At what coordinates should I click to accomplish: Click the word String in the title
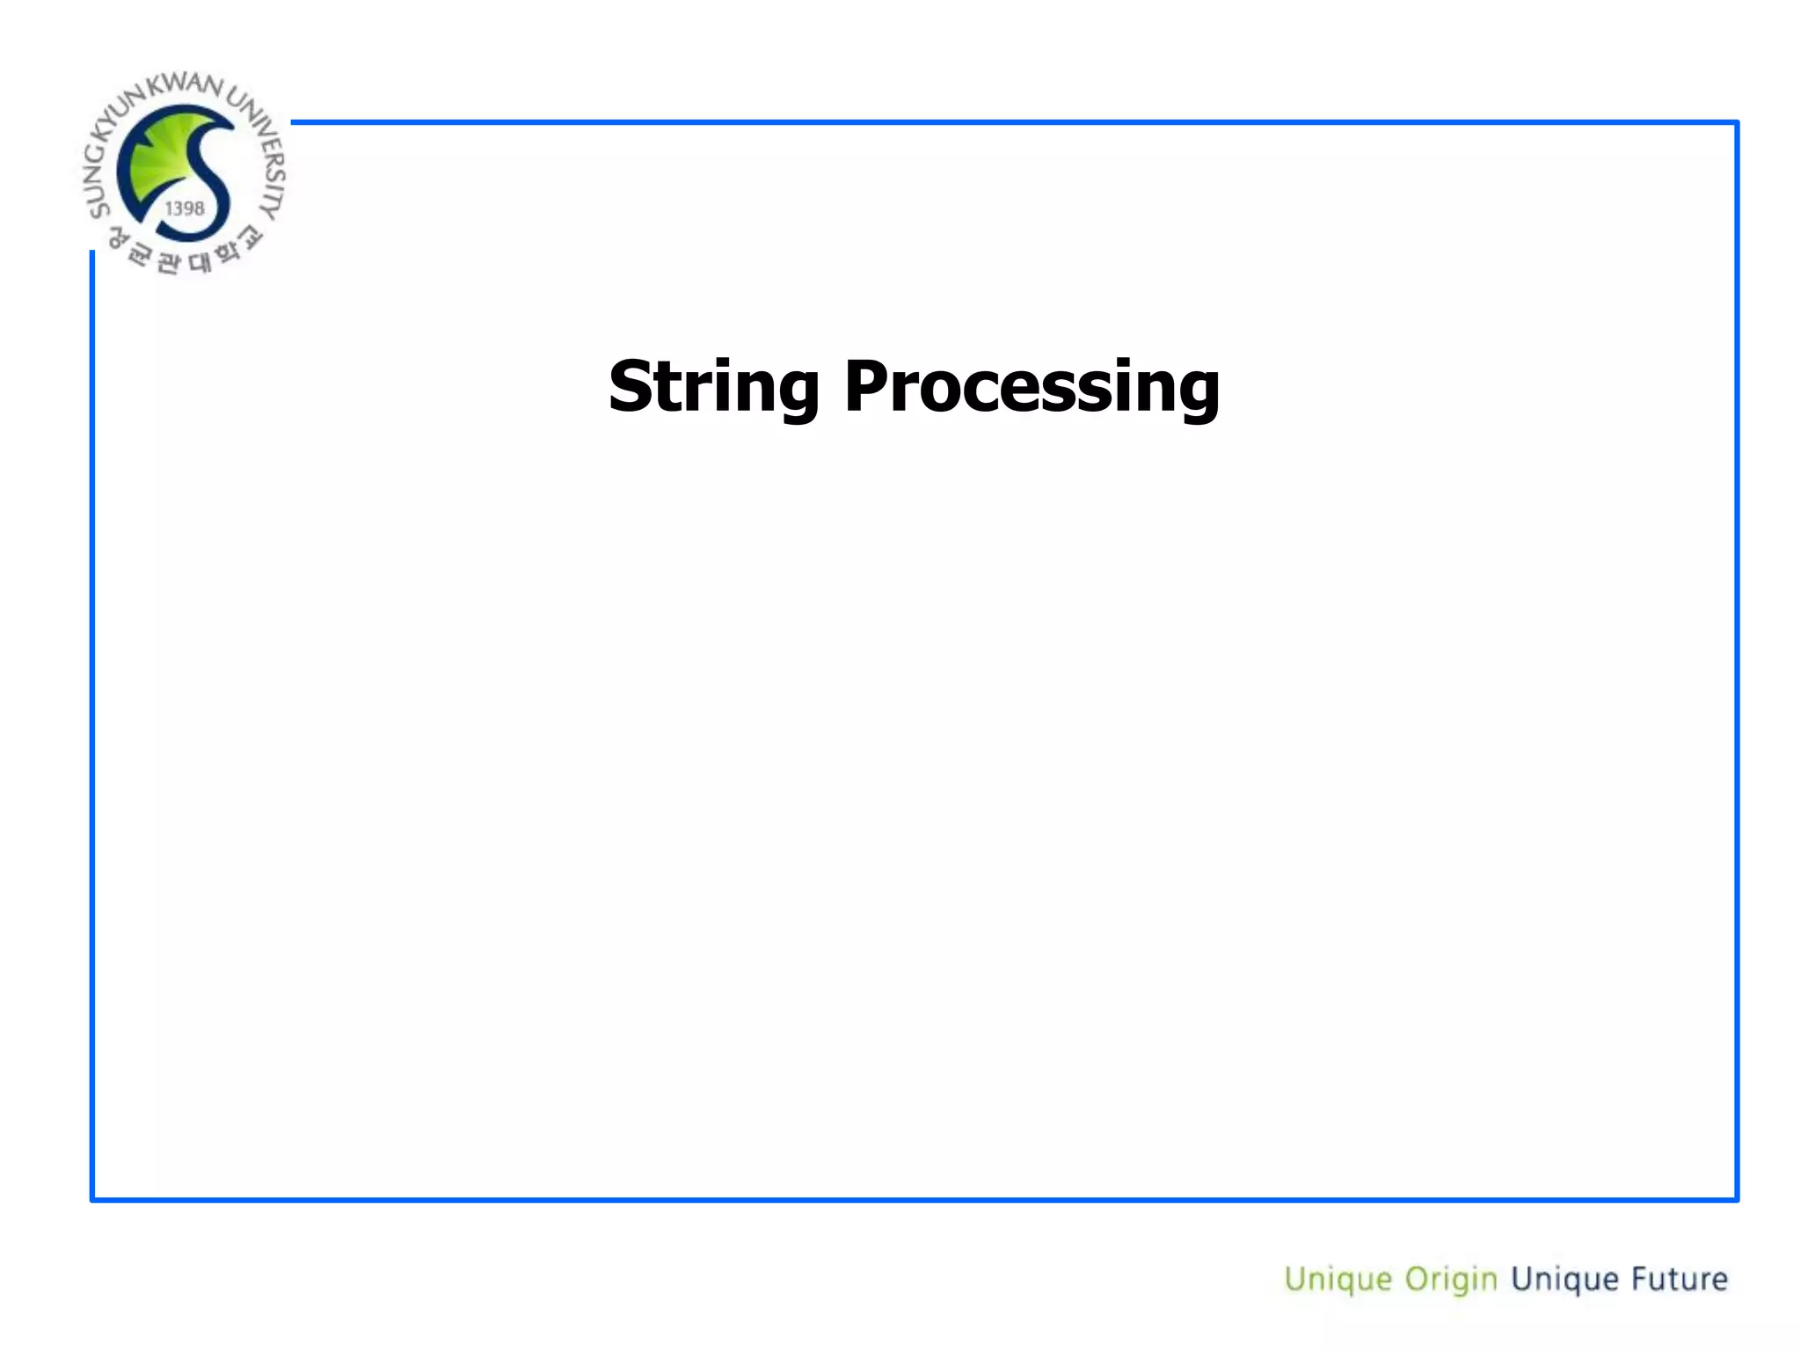tap(713, 387)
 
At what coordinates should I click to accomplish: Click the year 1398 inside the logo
tap(185, 208)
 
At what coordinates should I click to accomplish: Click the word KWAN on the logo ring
tap(185, 84)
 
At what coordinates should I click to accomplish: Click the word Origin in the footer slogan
tap(1450, 1279)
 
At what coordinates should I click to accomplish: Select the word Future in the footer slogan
tap(1679, 1278)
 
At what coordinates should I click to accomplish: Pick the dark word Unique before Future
tap(1564, 1279)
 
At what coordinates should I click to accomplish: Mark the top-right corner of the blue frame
tap(1737, 122)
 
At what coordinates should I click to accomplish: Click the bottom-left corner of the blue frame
tap(92, 1199)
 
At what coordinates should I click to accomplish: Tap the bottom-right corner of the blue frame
tap(1737, 1199)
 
